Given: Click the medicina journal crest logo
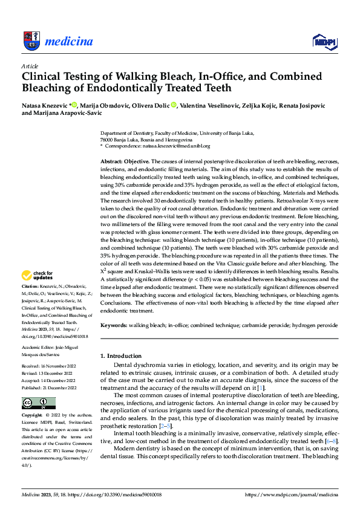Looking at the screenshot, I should [31, 41].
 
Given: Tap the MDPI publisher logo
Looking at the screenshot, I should [324, 41].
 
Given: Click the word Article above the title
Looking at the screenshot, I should [30, 66].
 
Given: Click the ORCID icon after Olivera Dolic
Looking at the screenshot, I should [174, 105].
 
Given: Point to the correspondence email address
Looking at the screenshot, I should [176, 146].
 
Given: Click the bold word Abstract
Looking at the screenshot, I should [112, 162].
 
